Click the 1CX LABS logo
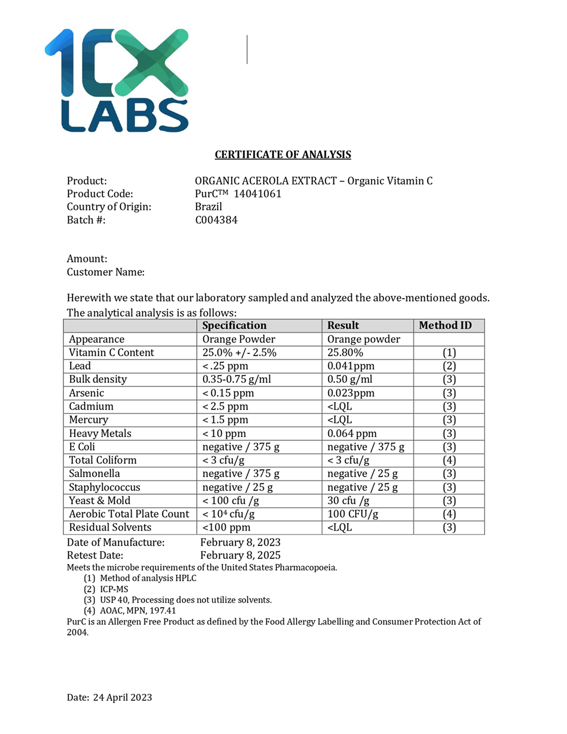pyautogui.click(x=116, y=81)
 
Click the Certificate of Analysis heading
pyautogui.click(x=283, y=155)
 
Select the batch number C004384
pyautogui.click(x=216, y=220)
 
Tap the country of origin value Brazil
pyautogui.click(x=208, y=206)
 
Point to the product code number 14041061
pyautogui.click(x=258, y=193)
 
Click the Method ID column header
pyautogui.click(x=445, y=326)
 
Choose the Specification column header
pyautogui.click(x=234, y=326)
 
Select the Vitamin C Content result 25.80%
pyautogui.click(x=345, y=352)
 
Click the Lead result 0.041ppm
pyautogui.click(x=351, y=366)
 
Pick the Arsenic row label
pyautogui.click(x=86, y=393)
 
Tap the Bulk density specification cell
pyautogui.click(x=236, y=379)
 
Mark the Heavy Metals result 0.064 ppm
pyautogui.click(x=352, y=434)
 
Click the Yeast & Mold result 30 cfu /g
pyautogui.click(x=348, y=501)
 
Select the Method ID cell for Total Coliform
pyautogui.click(x=449, y=460)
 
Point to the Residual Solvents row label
pyautogui.click(x=110, y=528)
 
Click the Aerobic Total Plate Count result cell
pyautogui.click(x=353, y=514)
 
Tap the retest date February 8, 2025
pyautogui.click(x=241, y=555)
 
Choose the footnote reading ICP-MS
pyautogui.click(x=114, y=589)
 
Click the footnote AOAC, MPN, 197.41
pyautogui.click(x=138, y=610)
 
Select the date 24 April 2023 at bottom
pyautogui.click(x=122, y=697)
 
